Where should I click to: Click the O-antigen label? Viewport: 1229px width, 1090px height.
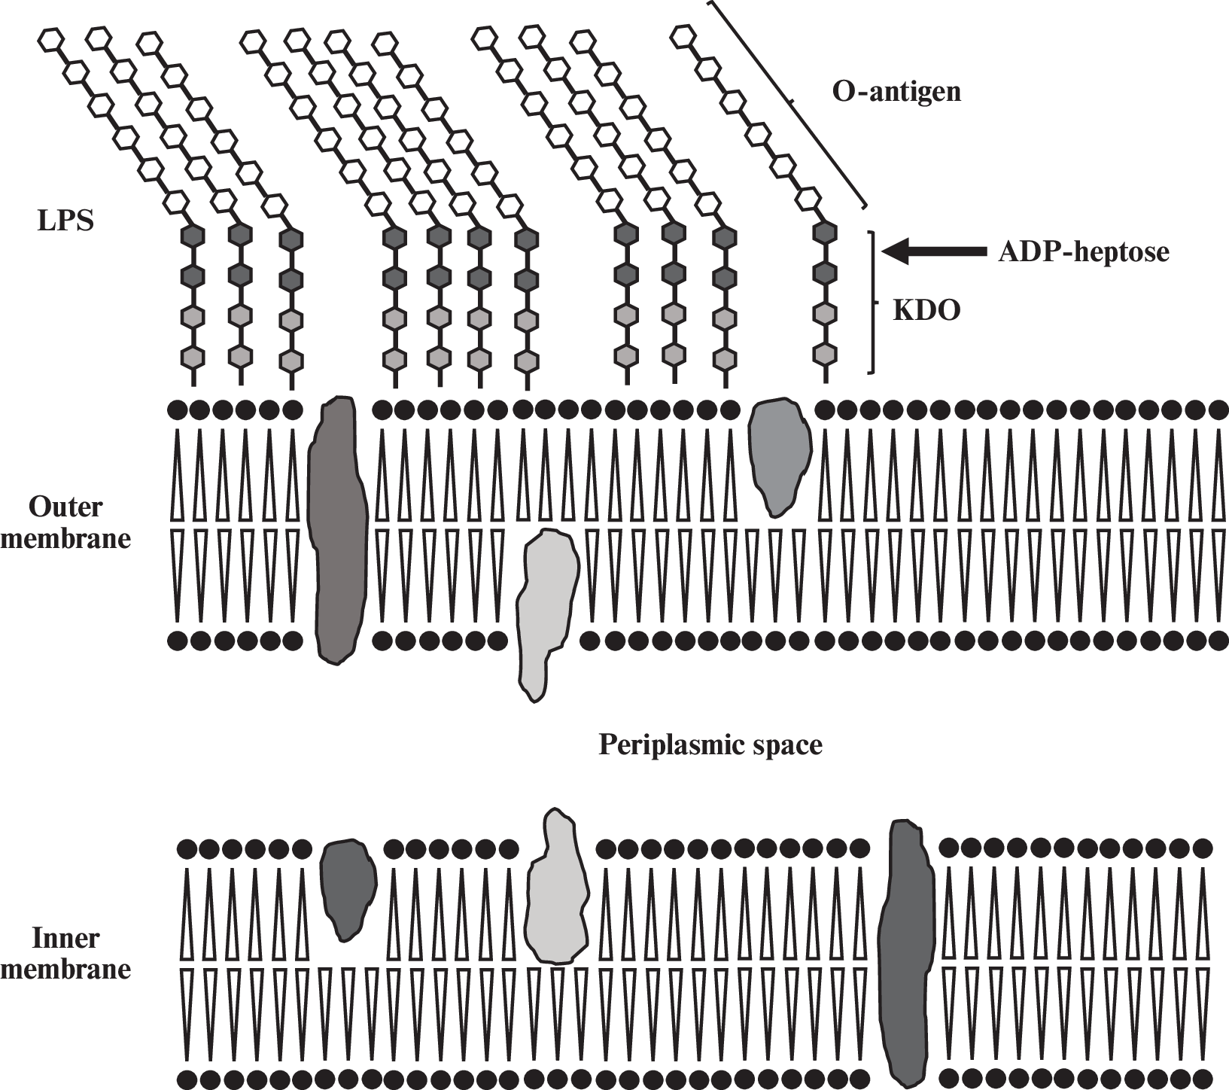896,92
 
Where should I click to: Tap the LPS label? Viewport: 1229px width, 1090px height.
66,222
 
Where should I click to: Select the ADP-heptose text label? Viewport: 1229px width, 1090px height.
1083,252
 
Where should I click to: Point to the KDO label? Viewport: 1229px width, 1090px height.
926,311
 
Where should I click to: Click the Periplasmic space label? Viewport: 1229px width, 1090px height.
710,745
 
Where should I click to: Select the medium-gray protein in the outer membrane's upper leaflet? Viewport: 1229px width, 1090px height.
779,455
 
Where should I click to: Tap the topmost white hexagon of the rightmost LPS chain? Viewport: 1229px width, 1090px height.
682,35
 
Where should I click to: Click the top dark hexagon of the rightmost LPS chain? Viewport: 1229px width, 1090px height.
826,233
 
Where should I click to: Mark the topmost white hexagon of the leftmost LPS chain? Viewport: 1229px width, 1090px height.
50,40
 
